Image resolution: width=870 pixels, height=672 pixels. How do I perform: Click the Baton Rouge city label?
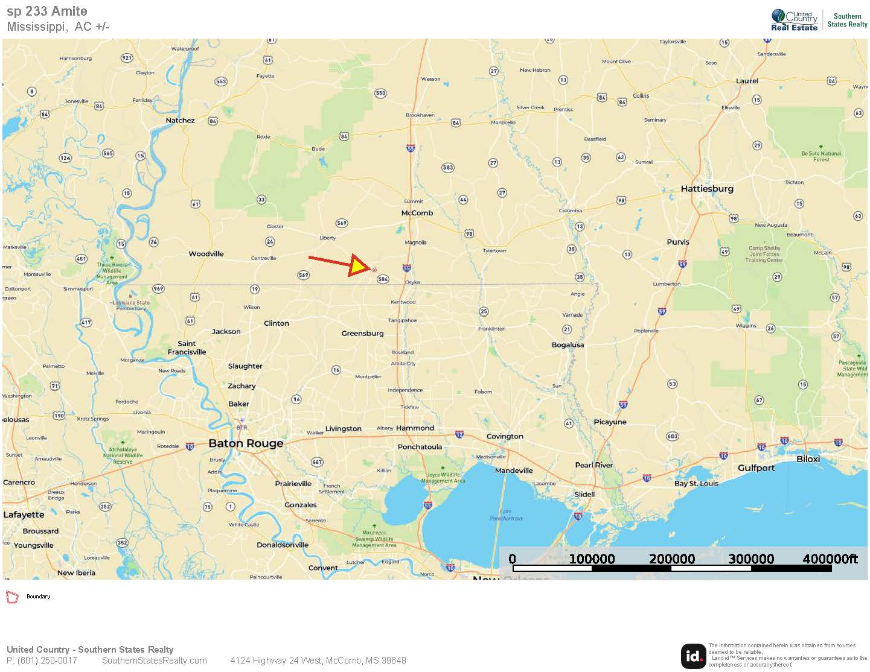(246, 443)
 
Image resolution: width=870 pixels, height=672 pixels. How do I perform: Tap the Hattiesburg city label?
(707, 189)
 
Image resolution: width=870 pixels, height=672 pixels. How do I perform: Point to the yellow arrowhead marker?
(359, 265)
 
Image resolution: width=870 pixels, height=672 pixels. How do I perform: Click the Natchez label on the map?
(180, 121)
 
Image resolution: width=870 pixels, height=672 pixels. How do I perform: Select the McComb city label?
(417, 213)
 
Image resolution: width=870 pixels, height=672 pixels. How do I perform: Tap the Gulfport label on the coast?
(756, 468)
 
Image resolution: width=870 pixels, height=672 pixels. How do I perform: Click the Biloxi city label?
(808, 459)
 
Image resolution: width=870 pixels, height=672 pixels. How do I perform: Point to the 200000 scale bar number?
(671, 559)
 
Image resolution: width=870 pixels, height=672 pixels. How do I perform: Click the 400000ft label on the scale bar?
(830, 559)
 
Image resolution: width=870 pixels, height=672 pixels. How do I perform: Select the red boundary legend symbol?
(12, 597)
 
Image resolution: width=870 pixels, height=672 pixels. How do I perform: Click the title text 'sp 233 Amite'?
(47, 11)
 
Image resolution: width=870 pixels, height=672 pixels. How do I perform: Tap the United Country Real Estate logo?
(794, 21)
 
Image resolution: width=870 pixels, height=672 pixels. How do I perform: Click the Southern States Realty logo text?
(847, 21)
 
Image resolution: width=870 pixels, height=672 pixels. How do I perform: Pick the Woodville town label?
(206, 254)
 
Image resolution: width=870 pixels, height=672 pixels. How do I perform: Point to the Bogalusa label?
(568, 345)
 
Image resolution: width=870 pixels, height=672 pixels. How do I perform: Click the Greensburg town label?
(362, 334)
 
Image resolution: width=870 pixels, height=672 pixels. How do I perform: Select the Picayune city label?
(610, 422)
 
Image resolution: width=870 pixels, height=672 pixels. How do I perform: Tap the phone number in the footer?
(42, 661)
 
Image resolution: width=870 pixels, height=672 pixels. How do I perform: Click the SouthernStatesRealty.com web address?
(154, 661)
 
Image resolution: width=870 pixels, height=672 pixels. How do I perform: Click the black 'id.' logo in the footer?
(693, 656)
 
